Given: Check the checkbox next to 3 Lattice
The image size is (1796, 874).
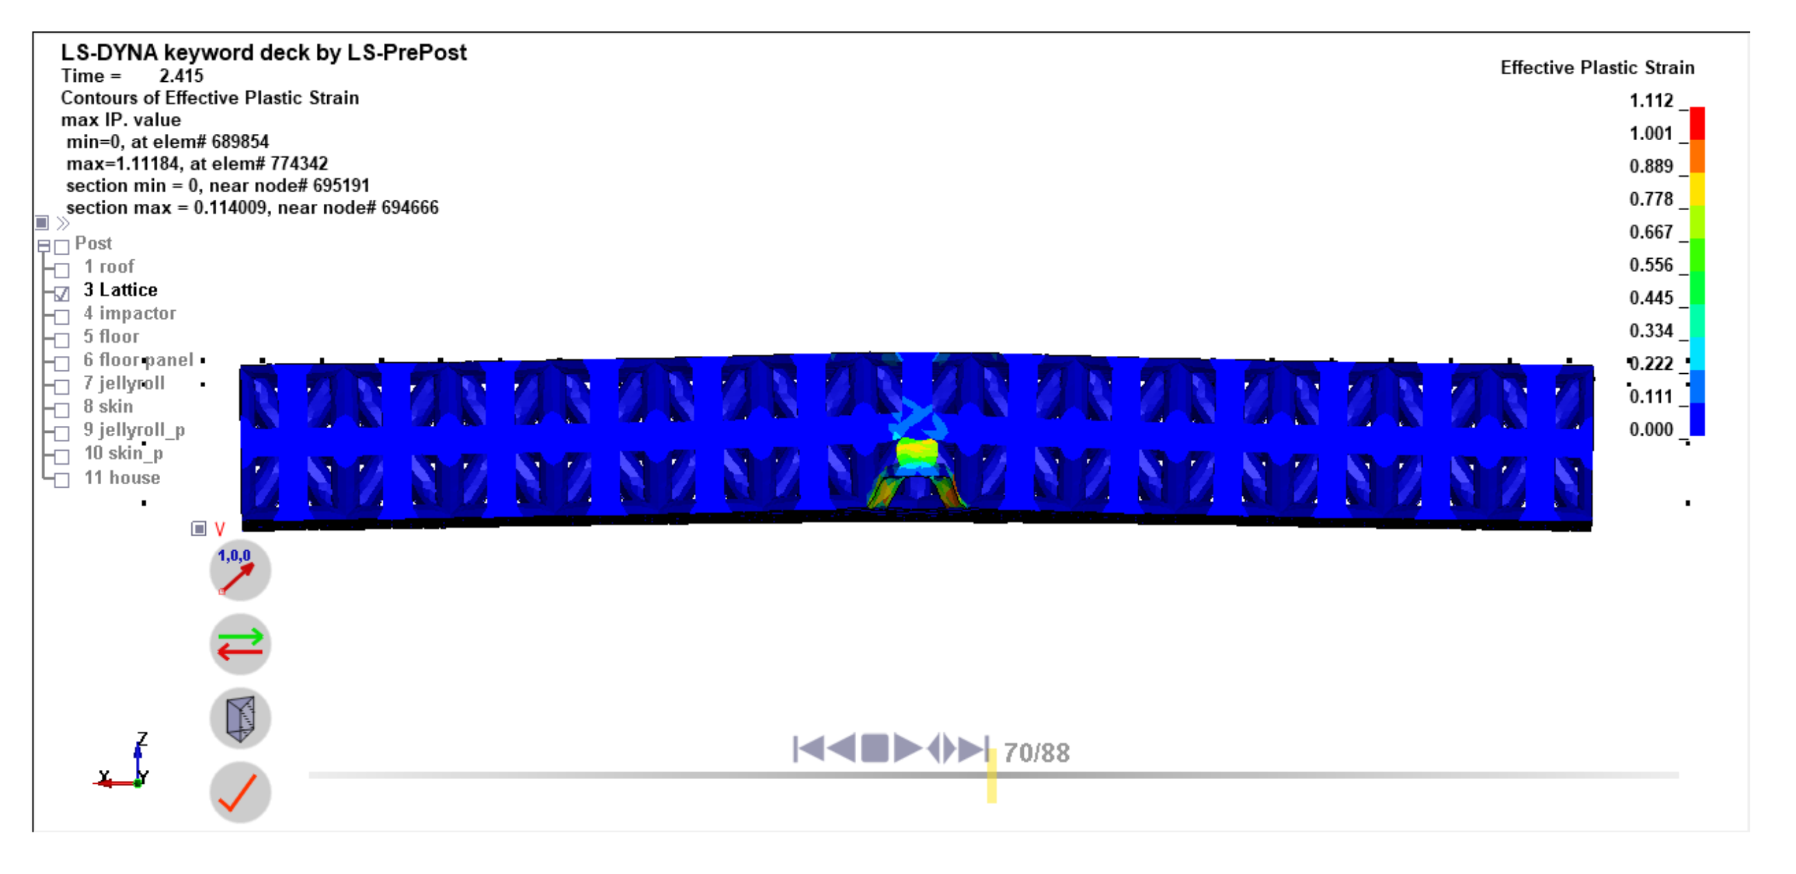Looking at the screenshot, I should click(x=62, y=293).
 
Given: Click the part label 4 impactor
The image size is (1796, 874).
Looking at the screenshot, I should click(x=130, y=314).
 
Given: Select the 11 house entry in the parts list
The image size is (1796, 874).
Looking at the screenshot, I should click(x=122, y=478).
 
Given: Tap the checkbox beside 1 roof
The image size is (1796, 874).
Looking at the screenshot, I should click(x=62, y=270).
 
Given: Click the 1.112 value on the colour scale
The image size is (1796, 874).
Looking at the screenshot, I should click(x=1650, y=101).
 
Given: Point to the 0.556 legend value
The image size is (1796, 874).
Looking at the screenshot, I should click(x=1650, y=265).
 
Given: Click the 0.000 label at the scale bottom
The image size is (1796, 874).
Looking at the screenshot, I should click(x=1650, y=429).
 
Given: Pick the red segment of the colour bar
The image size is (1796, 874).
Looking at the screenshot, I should click(x=1696, y=123).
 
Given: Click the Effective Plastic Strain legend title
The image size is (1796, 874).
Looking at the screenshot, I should click(x=1596, y=68).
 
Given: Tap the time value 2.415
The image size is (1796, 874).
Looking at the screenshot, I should click(x=182, y=76).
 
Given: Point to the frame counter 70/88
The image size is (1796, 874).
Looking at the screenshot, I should click(x=1036, y=753).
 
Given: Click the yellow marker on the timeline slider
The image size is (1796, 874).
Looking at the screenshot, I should click(x=991, y=776).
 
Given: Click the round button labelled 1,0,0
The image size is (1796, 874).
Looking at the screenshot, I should click(x=240, y=571).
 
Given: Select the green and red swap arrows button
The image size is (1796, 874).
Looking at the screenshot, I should click(x=240, y=644).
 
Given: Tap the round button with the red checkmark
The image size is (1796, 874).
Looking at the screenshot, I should click(x=240, y=792).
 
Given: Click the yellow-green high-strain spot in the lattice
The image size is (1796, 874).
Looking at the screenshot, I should click(x=916, y=452).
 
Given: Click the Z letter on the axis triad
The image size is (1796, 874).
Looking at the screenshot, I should click(x=142, y=738).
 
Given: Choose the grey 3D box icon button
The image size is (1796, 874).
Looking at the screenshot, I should click(x=240, y=719).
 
